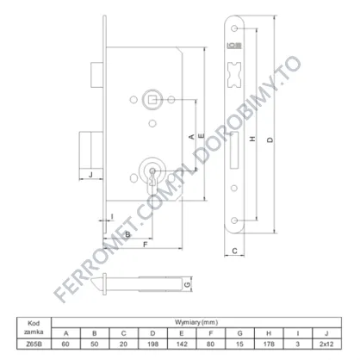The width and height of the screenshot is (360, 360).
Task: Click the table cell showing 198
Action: click(x=152, y=344)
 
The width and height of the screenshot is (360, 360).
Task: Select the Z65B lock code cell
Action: click(x=34, y=344)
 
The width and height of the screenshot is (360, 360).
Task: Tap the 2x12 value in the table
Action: click(x=326, y=344)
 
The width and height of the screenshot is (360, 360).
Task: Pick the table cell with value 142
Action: click(x=182, y=344)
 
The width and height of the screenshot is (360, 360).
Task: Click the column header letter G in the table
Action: click(x=240, y=333)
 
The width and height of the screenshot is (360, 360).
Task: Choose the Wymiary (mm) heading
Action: click(x=196, y=322)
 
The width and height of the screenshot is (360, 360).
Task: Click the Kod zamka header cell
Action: click(x=34, y=328)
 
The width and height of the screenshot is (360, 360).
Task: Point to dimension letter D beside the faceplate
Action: click(x=270, y=140)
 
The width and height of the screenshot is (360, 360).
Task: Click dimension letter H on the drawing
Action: click(x=252, y=139)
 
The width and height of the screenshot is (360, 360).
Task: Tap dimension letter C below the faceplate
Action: click(x=234, y=251)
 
